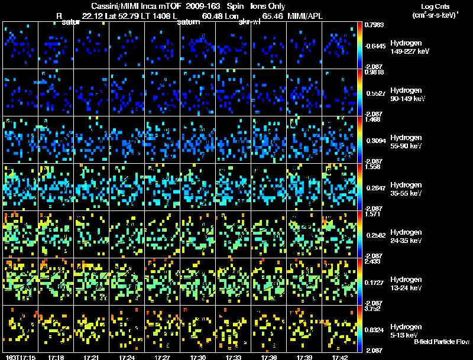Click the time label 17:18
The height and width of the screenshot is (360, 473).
tap(57, 357)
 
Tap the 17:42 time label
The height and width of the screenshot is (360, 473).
tap(340, 357)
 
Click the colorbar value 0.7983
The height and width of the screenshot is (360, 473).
tap(375, 25)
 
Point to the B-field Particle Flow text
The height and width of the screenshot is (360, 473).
tap(442, 342)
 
